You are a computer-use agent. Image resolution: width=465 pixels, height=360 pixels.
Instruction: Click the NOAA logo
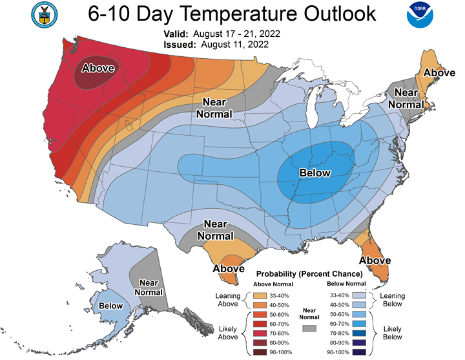tap(420, 15)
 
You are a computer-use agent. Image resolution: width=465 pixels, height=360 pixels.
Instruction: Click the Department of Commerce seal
tap(45, 15)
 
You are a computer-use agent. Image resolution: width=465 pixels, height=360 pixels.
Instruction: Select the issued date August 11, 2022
tap(235, 45)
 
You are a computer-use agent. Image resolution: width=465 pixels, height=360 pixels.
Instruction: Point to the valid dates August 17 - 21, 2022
tap(236, 34)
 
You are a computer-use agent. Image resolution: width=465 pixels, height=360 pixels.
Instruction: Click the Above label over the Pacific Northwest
tap(98, 68)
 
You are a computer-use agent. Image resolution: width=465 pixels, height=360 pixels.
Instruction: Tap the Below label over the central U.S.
tap(315, 173)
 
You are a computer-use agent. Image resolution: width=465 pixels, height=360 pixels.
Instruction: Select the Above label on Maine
tap(439, 73)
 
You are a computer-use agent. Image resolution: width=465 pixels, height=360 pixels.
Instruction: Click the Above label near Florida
tap(375, 260)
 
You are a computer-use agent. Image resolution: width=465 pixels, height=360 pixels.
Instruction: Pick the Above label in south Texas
tap(229, 269)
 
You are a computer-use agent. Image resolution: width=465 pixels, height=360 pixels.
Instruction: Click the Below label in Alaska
tap(110, 306)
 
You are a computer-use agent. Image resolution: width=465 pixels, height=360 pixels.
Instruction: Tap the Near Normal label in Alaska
tap(149, 288)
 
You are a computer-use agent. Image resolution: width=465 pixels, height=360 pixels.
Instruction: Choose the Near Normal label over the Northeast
tap(406, 98)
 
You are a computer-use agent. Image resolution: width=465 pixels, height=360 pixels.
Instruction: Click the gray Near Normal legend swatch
tap(309, 328)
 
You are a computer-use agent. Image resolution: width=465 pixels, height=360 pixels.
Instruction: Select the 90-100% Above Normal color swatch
tap(260, 352)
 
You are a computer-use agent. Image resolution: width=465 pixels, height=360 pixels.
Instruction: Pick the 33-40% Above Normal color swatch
tap(260, 295)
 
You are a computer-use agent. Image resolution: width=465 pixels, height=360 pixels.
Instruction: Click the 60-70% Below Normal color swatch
tap(359, 324)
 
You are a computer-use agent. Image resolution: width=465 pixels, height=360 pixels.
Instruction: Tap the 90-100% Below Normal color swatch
tap(359, 352)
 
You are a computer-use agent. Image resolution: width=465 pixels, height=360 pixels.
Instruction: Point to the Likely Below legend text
tap(393, 333)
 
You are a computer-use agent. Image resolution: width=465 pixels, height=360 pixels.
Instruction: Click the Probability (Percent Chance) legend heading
tap(309, 274)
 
